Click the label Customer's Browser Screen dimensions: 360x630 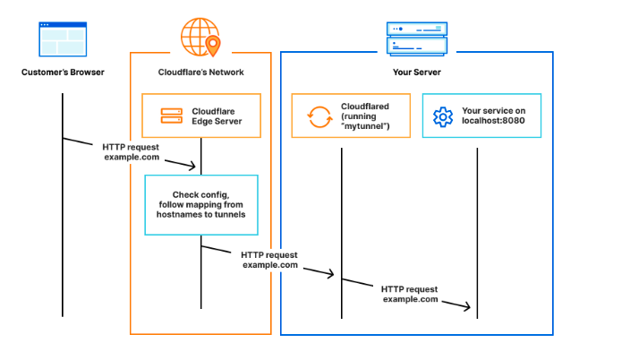click(x=63, y=72)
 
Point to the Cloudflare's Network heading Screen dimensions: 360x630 click(x=200, y=72)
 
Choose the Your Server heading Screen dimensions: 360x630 click(x=415, y=72)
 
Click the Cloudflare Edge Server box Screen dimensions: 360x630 click(x=200, y=116)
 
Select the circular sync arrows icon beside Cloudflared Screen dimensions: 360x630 click(x=319, y=116)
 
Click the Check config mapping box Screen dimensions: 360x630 click(x=200, y=205)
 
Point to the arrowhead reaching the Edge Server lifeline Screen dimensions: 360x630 click(x=193, y=165)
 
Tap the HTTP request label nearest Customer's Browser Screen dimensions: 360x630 click(x=132, y=151)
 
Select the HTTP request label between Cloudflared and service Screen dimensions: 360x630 click(x=410, y=294)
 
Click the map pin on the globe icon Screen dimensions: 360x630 click(x=212, y=43)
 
